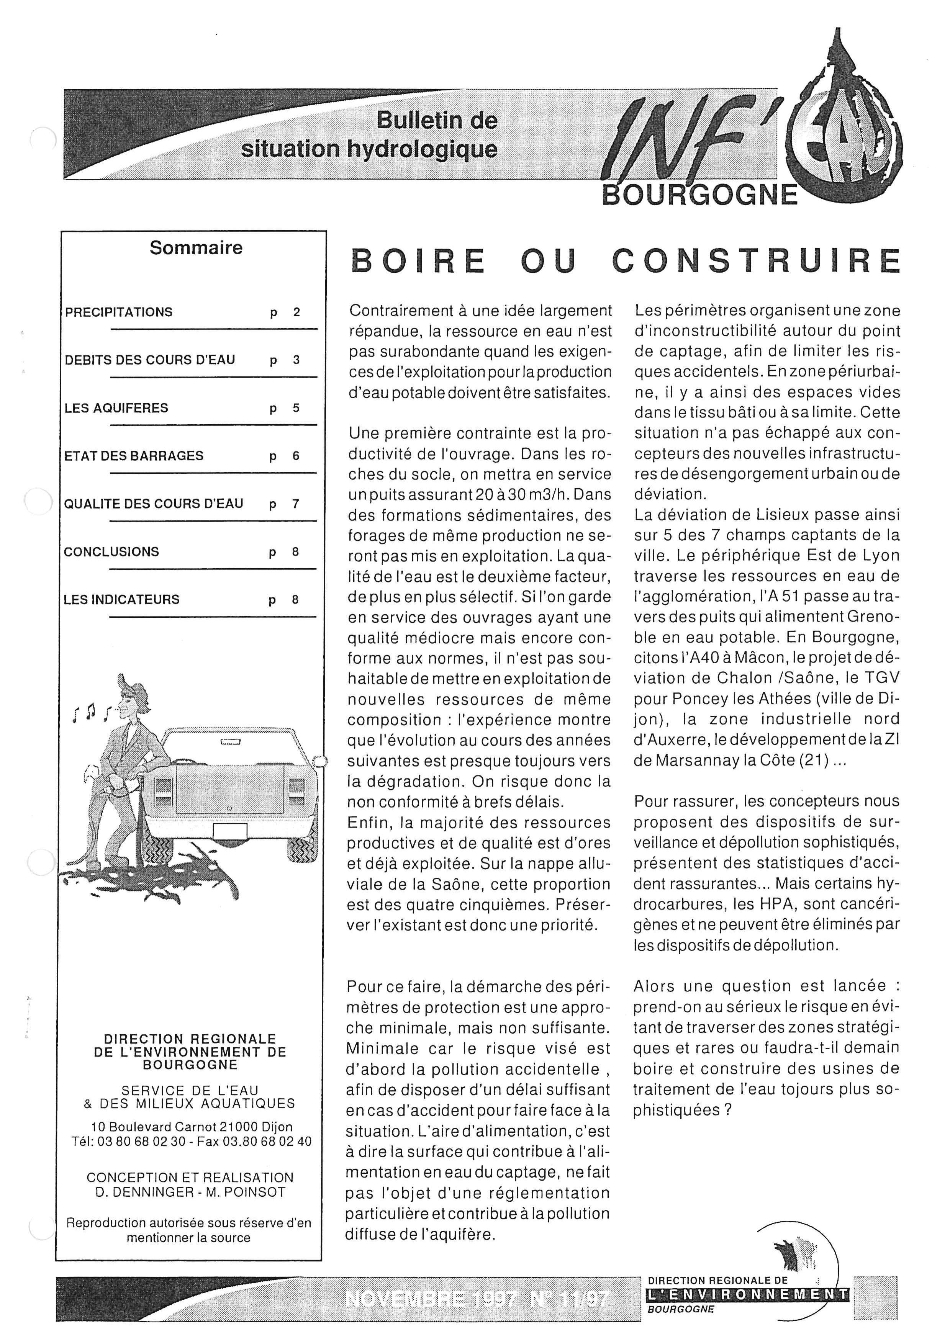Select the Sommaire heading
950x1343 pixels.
coord(196,248)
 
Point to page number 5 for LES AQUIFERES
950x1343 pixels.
coord(296,408)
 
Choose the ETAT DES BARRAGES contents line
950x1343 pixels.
coord(134,456)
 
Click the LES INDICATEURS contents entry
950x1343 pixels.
coord(122,600)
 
